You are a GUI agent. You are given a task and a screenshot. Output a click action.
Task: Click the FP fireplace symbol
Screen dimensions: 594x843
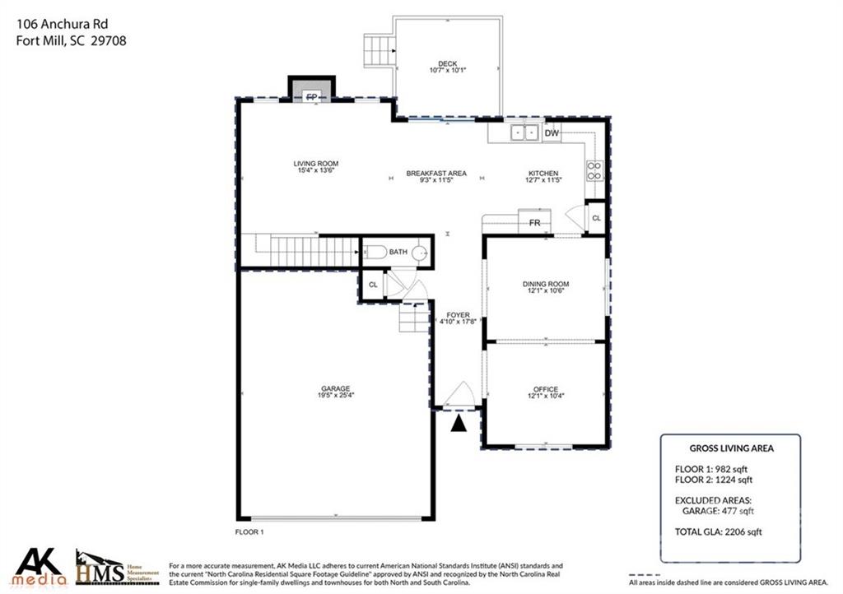(312, 96)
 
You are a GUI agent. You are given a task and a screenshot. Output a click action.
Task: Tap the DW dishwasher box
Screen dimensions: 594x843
(552, 133)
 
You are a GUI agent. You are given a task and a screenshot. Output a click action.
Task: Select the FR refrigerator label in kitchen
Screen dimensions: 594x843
(533, 223)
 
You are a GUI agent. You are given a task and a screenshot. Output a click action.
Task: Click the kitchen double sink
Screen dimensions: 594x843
(524, 132)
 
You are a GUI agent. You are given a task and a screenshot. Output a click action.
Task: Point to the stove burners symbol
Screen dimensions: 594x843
(594, 170)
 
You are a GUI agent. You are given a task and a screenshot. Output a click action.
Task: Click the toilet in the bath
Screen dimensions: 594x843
(376, 253)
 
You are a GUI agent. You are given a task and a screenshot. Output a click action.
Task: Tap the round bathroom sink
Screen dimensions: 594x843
(420, 253)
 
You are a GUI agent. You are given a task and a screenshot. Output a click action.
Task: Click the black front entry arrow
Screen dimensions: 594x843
(458, 423)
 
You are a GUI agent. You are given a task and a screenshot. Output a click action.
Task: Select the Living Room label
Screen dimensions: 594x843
(316, 164)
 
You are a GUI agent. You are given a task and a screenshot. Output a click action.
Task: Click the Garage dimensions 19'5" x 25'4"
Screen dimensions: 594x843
(335, 396)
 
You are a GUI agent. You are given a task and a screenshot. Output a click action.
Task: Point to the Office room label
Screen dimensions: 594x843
(545, 389)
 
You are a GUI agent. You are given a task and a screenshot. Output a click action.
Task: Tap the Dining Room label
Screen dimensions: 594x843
(545, 284)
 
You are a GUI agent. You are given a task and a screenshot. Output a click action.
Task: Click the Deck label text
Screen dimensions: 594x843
(447, 63)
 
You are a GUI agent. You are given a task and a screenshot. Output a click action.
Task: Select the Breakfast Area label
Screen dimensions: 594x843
(436, 174)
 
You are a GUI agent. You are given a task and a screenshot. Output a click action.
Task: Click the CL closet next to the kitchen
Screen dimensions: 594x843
(596, 218)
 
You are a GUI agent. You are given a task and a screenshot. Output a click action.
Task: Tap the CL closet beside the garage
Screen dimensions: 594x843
(372, 285)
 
